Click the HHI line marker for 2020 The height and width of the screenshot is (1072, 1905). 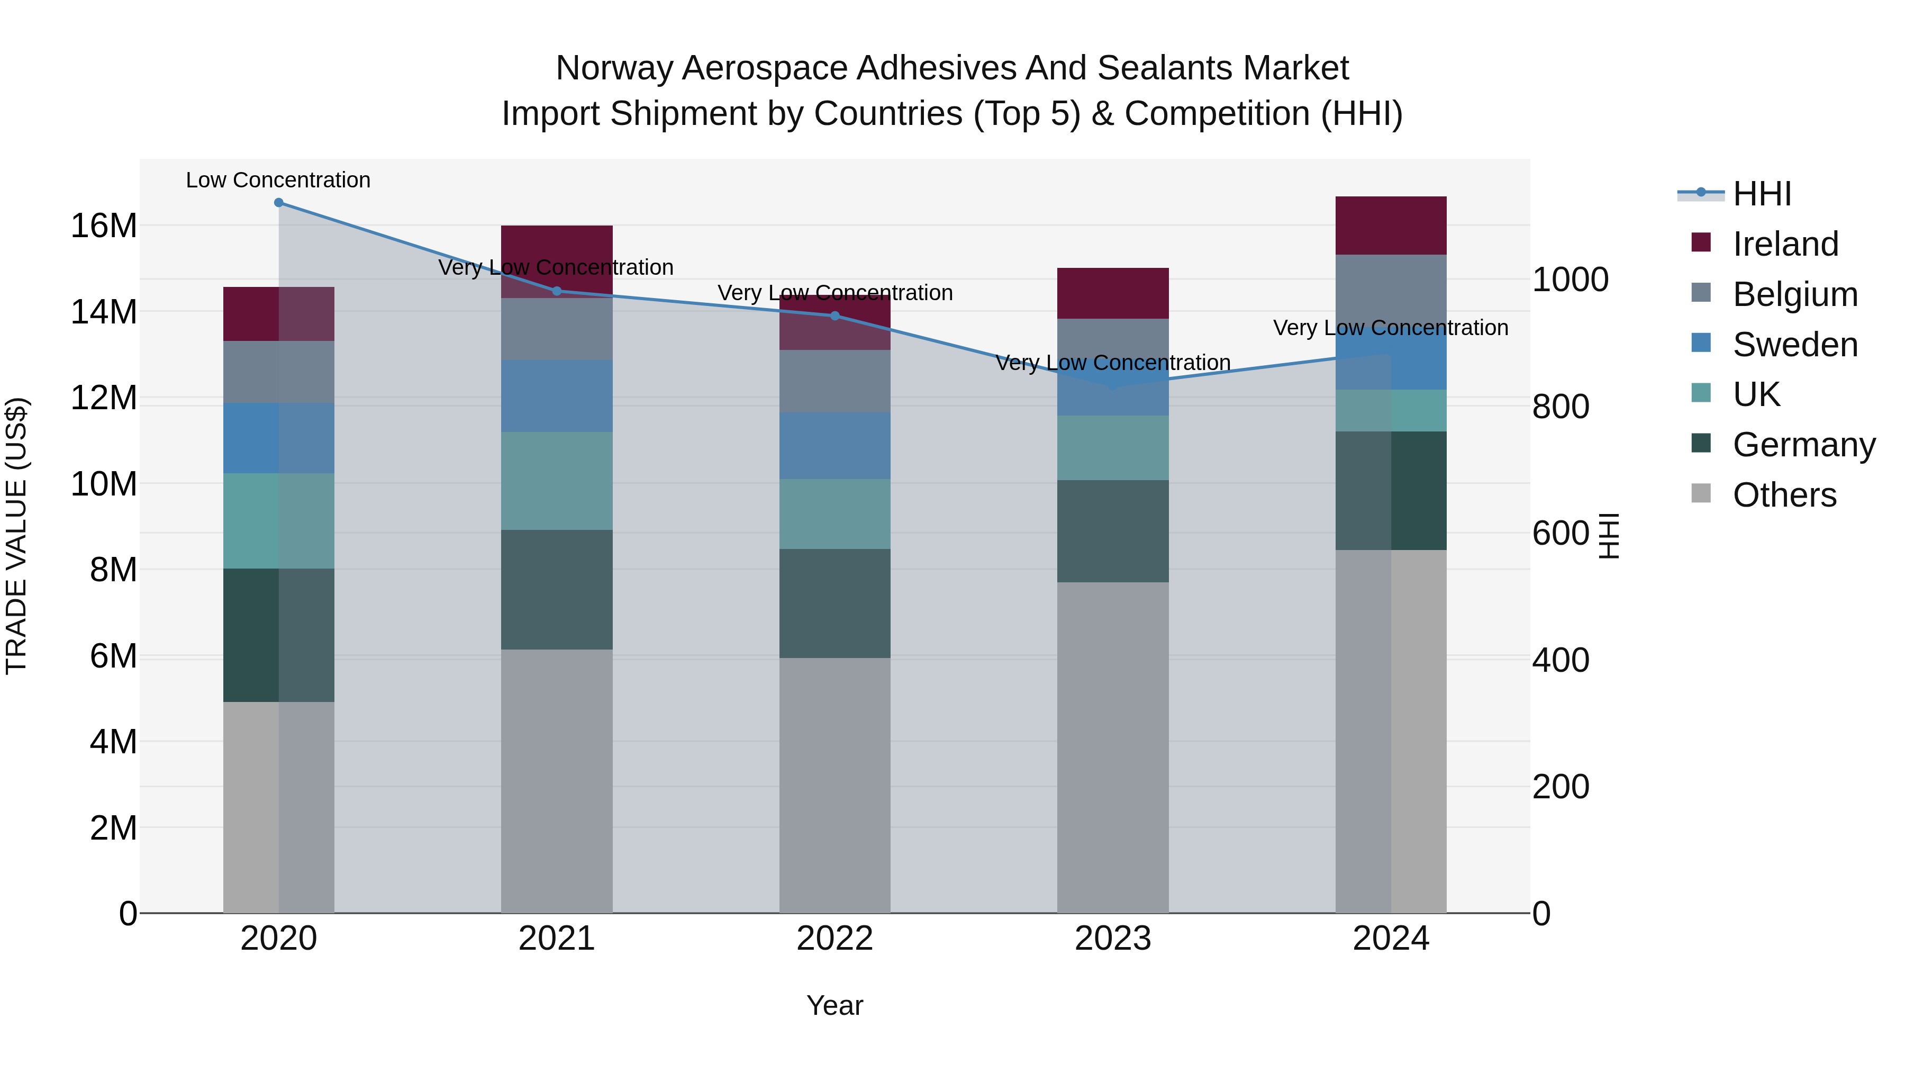coord(279,203)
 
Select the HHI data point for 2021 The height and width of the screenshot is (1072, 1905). coord(557,291)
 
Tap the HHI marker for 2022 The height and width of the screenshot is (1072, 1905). coord(835,316)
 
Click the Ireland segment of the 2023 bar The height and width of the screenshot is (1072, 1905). coord(1112,294)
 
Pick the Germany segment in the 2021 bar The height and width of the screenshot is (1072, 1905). coord(557,590)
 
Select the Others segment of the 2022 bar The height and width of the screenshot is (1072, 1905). coord(835,785)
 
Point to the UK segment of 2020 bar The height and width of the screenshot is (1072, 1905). coord(279,521)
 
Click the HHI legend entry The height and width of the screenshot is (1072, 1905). coord(1762,194)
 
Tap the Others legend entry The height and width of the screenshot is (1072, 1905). coord(1784,495)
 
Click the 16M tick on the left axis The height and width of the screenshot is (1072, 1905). coord(104,226)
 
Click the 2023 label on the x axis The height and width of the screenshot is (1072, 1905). coord(1112,939)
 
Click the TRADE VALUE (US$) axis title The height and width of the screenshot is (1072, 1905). coord(16,536)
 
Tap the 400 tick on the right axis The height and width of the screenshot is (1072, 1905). coord(1561,660)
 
